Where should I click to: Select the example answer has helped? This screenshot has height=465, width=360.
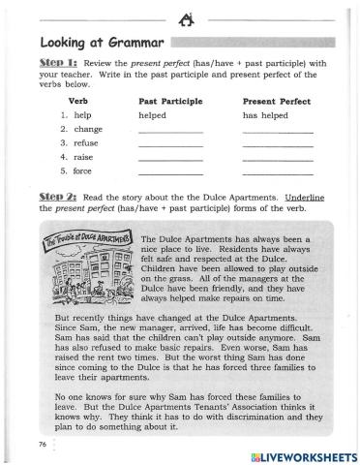click(264, 114)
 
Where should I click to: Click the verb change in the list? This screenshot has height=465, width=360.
click(87, 129)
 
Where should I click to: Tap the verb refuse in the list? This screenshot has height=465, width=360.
click(87, 143)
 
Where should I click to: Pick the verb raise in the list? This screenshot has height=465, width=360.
click(84, 157)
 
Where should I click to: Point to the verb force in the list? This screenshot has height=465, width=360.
click(84, 171)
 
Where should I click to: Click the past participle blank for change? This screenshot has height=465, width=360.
click(171, 131)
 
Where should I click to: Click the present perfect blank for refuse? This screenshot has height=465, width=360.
click(278, 145)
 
